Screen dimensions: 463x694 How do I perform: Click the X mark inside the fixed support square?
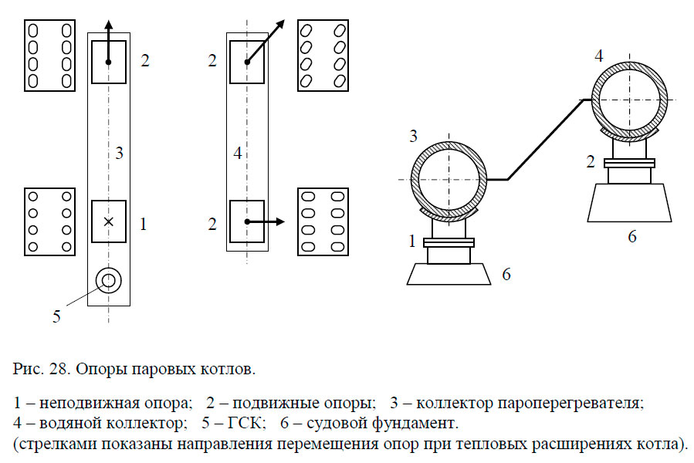click(109, 222)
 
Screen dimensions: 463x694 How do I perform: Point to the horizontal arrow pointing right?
click(266, 222)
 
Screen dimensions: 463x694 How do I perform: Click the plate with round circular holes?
click(49, 221)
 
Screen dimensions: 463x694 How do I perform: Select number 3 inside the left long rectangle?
click(119, 153)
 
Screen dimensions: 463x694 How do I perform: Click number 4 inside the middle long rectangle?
click(238, 154)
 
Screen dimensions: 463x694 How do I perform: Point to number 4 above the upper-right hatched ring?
click(599, 56)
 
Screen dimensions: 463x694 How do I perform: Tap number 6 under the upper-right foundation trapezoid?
click(631, 237)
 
